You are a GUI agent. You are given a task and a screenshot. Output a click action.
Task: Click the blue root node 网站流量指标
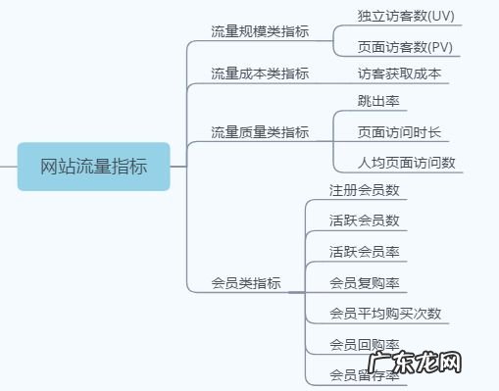point(93,166)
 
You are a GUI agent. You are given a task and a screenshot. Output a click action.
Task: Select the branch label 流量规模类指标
point(260,31)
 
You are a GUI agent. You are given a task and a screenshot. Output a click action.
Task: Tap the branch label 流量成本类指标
point(260,73)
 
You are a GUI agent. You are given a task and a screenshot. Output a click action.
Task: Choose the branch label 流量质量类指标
point(260,131)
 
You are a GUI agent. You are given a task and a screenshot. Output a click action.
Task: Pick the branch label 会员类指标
point(246,283)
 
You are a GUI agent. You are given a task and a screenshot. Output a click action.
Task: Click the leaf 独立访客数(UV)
point(406,17)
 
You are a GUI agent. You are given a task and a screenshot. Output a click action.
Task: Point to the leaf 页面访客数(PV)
point(405,47)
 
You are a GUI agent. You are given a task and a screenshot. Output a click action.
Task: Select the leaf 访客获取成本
point(399,73)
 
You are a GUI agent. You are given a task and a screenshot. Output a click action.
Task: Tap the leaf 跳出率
point(377,101)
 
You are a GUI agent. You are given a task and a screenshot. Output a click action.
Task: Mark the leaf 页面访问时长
point(399,131)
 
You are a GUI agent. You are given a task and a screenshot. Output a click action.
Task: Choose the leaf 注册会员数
point(364,189)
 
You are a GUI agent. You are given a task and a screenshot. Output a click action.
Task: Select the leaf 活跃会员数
point(364,220)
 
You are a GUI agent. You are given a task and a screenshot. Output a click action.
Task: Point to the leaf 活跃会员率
point(364,251)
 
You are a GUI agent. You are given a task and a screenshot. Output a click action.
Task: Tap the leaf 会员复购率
point(364,283)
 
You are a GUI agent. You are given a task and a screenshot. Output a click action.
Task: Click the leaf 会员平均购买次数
point(385,314)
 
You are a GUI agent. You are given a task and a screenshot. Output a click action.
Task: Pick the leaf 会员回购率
point(364,344)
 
